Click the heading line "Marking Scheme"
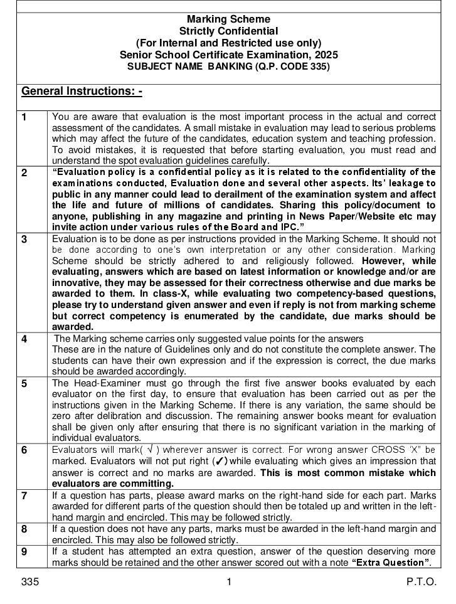[229, 19]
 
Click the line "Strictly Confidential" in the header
[229, 31]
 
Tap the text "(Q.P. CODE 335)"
[291, 66]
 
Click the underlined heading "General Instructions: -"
[82, 92]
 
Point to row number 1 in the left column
[24, 117]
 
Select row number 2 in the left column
[24, 173]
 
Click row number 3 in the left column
[24, 240]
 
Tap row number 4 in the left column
[24, 339]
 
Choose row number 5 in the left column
[24, 383]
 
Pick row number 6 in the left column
[24, 450]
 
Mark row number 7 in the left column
[24, 495]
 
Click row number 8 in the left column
[24, 529]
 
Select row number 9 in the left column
[24, 552]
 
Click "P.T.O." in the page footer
[421, 582]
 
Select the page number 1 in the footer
[229, 582]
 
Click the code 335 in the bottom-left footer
[30, 582]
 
